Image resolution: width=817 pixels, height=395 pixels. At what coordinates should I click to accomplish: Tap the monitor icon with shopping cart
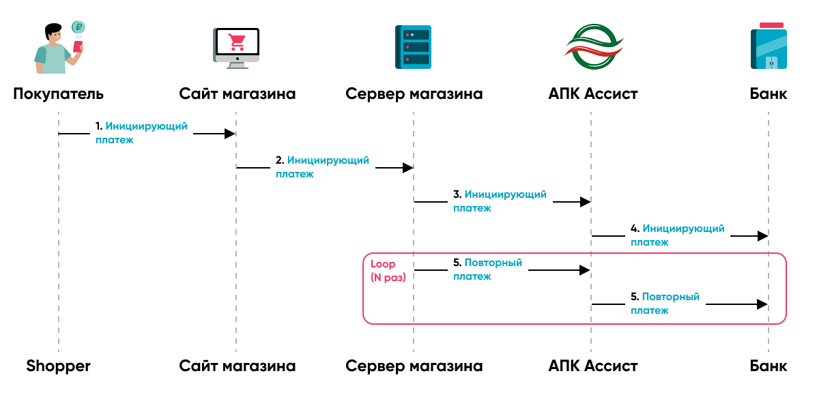[x=237, y=47]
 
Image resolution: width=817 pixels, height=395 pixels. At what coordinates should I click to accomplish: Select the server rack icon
[x=413, y=47]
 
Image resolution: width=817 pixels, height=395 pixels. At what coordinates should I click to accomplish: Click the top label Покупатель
[x=59, y=93]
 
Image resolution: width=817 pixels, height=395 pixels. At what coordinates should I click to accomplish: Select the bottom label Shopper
[x=59, y=366]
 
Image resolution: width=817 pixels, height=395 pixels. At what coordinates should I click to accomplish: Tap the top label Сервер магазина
[x=414, y=93]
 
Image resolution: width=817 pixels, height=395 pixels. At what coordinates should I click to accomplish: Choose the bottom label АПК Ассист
[x=592, y=366]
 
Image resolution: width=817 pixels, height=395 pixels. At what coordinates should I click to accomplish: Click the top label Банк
[x=768, y=93]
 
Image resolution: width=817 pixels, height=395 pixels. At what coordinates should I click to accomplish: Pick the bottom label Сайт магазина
[x=238, y=366]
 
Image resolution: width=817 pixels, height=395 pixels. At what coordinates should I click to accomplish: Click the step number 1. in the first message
[x=99, y=127]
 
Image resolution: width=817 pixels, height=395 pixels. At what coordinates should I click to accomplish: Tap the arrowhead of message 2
[x=407, y=168]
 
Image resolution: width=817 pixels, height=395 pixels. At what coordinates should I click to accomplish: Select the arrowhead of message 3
[x=585, y=202]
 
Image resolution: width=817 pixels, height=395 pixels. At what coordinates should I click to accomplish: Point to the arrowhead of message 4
[x=762, y=236]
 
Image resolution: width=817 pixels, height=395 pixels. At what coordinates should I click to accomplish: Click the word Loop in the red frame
[x=383, y=264]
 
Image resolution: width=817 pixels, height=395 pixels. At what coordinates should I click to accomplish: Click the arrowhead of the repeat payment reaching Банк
[x=762, y=304]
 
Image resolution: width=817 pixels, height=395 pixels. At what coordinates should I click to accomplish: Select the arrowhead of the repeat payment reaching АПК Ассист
[x=585, y=270]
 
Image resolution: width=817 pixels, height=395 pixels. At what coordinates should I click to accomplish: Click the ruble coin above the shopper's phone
[x=78, y=28]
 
